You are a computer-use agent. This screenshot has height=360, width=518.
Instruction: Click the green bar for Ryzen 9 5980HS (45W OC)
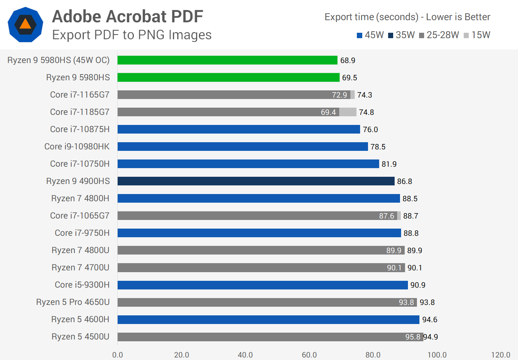click(x=227, y=60)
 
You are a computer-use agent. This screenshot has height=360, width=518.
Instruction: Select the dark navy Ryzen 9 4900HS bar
click(x=256, y=181)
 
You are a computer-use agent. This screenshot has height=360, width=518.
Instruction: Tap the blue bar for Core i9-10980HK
click(x=242, y=147)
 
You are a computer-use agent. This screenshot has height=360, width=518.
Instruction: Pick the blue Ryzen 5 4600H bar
click(x=268, y=319)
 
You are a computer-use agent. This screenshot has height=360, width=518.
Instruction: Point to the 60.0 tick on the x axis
click(x=309, y=355)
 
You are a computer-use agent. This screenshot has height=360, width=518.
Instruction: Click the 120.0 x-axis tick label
click(x=501, y=355)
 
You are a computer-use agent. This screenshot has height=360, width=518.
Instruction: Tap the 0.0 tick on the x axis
click(x=118, y=355)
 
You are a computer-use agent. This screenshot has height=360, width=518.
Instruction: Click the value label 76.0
click(x=370, y=130)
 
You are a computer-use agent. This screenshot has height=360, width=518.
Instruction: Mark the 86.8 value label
click(x=404, y=181)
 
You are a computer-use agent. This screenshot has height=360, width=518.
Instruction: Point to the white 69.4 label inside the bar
click(x=328, y=112)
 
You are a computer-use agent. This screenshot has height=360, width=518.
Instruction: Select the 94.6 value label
click(x=430, y=320)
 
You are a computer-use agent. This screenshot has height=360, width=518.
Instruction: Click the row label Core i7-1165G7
click(x=79, y=95)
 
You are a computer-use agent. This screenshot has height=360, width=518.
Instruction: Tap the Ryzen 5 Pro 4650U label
click(x=73, y=302)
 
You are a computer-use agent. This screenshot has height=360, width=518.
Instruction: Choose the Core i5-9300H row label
click(x=82, y=285)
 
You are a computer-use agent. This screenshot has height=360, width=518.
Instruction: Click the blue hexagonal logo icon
click(x=26, y=24)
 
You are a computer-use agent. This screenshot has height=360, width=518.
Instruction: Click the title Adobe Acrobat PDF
click(x=128, y=17)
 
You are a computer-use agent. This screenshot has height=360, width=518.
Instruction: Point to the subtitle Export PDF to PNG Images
click(x=132, y=35)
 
